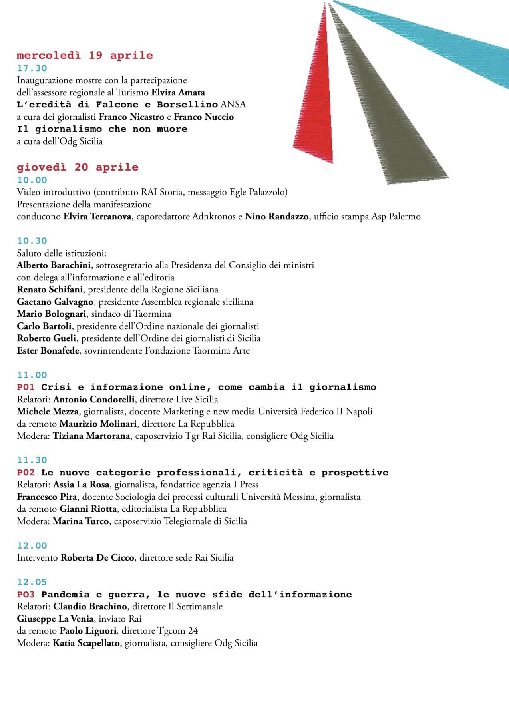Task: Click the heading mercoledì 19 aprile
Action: [x=85, y=55]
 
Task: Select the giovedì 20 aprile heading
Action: [x=78, y=167]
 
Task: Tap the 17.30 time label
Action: [x=32, y=68]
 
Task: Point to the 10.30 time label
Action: [x=32, y=241]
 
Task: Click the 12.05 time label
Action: [x=32, y=582]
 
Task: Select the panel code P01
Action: [x=26, y=387]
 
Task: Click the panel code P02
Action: [x=26, y=473]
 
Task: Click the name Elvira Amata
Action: [x=178, y=93]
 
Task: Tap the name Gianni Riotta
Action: [x=88, y=509]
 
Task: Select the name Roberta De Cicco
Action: [x=97, y=557]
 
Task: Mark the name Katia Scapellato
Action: [x=86, y=643]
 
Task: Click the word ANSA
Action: [x=234, y=105]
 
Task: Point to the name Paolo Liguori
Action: [x=88, y=631]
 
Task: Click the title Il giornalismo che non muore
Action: [x=102, y=129]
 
